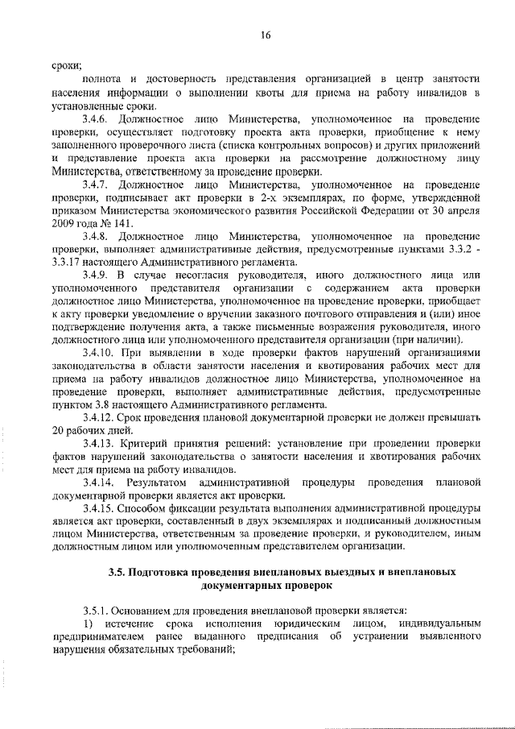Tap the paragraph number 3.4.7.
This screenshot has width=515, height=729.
click(96, 184)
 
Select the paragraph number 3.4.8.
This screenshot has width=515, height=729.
click(96, 237)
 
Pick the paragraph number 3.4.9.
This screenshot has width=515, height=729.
click(96, 276)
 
